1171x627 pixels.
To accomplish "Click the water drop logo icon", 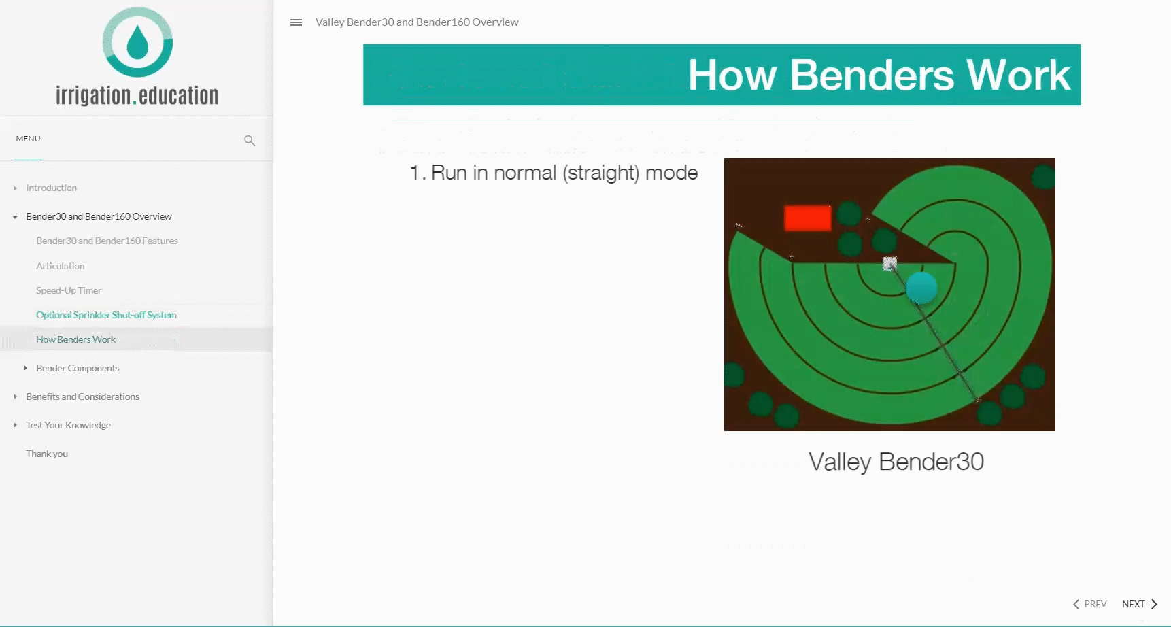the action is [137, 42].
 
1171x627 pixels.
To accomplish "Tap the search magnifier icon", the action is [250, 141].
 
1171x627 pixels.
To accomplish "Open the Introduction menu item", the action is [51, 188].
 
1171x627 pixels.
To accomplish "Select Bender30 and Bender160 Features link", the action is [107, 241].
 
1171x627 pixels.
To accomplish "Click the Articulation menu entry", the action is [61, 266].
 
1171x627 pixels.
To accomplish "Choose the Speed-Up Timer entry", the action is [69, 290].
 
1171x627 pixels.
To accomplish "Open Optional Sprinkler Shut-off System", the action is [106, 315].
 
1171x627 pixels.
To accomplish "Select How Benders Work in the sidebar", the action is [75, 339].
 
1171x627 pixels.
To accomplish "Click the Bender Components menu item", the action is [78, 368].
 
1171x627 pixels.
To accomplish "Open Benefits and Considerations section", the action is [82, 396].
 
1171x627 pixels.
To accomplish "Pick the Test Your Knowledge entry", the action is [68, 425].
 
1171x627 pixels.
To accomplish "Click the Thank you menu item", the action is [47, 454].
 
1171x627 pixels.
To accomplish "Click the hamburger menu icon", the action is [296, 22].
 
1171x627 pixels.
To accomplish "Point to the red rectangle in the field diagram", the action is [808, 218].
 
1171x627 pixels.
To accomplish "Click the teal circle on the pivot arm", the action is [921, 288].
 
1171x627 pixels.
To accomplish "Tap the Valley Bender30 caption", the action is [896, 462].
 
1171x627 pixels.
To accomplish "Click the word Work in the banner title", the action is [1019, 75].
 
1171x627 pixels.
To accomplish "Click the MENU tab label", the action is [28, 139].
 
